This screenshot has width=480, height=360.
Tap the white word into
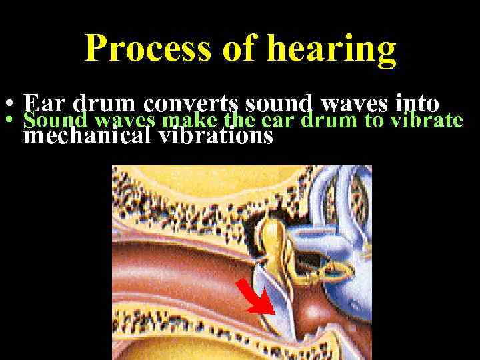417,104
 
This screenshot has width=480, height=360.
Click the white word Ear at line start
45,104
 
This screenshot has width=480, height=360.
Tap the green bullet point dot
8,121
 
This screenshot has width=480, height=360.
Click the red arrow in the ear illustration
252,295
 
